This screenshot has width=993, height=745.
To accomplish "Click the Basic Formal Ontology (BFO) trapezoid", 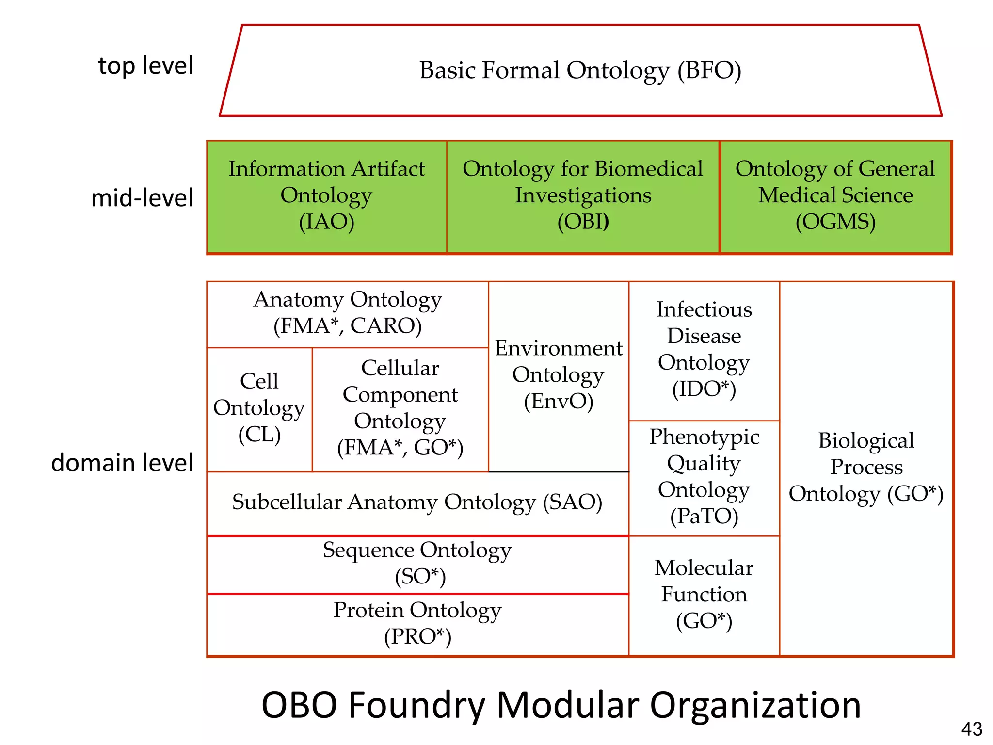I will [580, 70].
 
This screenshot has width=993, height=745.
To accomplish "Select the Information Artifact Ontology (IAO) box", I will [326, 196].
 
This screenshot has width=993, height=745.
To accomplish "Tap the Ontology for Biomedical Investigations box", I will [583, 196].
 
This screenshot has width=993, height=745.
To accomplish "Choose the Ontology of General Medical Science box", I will [835, 196].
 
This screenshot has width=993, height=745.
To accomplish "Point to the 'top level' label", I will [145, 65].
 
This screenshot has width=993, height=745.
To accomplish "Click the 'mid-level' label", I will [142, 198].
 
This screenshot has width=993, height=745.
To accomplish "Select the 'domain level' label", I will [122, 463].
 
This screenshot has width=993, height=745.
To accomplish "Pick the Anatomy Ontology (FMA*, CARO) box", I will [347, 313].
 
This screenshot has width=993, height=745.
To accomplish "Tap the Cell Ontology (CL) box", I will [259, 408].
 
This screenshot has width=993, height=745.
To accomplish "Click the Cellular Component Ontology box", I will [400, 408].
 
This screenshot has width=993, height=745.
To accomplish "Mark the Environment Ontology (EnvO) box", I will [559, 375].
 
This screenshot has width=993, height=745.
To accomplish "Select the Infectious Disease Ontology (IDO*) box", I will [704, 350].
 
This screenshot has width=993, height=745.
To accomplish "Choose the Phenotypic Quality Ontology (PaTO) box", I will [704, 477].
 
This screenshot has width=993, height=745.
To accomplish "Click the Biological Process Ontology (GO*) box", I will [866, 468].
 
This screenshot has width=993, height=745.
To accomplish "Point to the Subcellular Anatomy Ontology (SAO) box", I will [417, 502].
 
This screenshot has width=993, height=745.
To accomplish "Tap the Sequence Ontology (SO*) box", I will [417, 564].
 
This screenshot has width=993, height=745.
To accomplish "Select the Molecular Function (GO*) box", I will [704, 595].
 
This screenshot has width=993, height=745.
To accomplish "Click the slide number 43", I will [971, 729].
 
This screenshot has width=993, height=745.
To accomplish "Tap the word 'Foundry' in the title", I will [416, 705].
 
